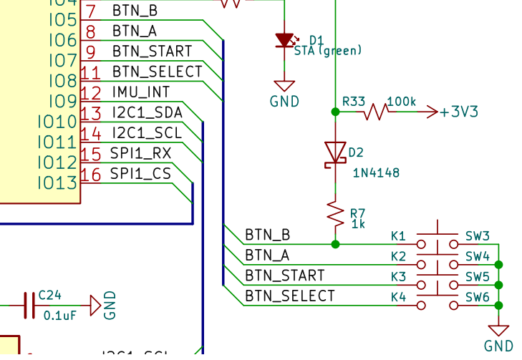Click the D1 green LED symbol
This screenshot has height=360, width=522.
point(286,41)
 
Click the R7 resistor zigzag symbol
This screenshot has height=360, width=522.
point(334,213)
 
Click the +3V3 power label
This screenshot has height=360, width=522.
point(459,112)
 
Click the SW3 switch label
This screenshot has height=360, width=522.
point(478,235)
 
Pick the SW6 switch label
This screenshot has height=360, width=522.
point(478,296)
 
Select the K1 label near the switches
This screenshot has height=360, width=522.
point(398,235)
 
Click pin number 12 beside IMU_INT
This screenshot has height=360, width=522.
point(91,92)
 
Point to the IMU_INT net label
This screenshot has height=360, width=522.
point(141,92)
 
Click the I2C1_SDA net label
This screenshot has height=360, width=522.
point(147,112)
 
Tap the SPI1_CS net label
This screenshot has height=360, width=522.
point(140,173)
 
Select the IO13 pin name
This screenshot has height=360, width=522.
point(57,183)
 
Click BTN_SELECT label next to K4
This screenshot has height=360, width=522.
point(289,296)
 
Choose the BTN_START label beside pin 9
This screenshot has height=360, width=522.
point(152,52)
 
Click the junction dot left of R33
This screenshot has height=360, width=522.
point(334,112)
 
